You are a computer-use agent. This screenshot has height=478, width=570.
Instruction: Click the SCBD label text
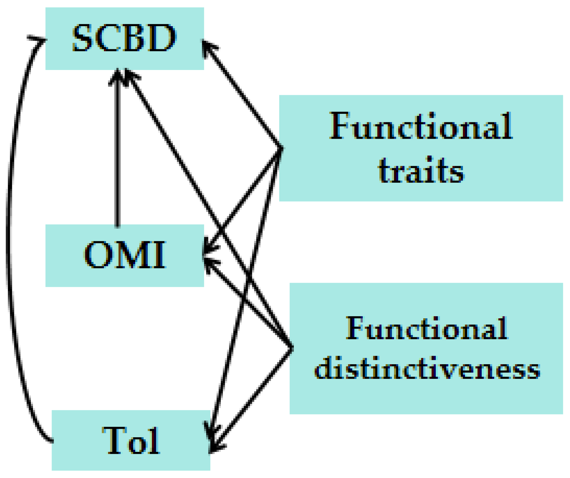coord(124,38)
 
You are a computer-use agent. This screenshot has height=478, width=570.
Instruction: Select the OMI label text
coord(125,255)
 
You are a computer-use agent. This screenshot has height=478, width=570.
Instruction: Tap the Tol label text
coord(131,441)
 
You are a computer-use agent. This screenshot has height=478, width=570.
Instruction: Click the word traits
coord(421,170)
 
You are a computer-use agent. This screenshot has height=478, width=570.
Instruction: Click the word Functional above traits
coord(421,126)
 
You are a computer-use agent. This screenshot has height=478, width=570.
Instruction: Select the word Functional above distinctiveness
coord(427,328)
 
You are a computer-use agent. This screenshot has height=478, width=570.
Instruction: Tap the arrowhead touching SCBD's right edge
coord(207,46)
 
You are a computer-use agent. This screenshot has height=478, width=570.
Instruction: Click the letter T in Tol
coord(114,441)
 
